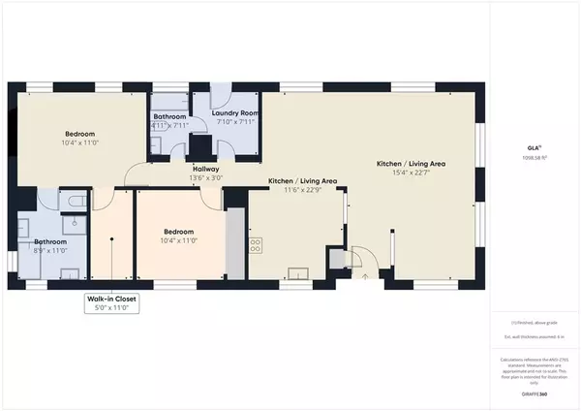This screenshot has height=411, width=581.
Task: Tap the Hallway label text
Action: coord(204,169)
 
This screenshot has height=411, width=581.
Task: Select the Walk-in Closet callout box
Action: coord(112,304)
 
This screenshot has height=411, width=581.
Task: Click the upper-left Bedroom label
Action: coord(79,134)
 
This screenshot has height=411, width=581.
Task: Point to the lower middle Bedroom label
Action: coord(179,232)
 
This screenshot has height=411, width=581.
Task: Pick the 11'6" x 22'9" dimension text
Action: coord(302,190)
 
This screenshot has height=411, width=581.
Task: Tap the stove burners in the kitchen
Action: coord(257,245)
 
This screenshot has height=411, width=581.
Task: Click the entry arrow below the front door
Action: coord(365,276)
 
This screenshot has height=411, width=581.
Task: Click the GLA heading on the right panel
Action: coord(532,146)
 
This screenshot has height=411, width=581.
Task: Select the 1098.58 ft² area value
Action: coord(532,157)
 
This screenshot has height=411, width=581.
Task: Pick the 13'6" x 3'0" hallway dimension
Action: coord(204,178)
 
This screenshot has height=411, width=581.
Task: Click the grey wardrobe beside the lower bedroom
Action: coord(234,244)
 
